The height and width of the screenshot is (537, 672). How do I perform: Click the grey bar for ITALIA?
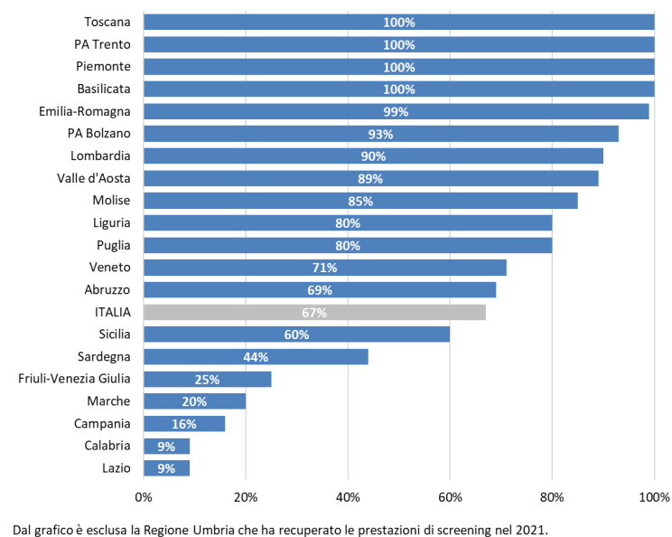pos(314,312)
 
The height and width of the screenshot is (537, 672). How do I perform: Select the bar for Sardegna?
pos(256,357)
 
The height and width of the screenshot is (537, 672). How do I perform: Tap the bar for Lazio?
pos(167,468)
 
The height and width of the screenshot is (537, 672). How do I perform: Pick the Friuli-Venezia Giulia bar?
pos(208,379)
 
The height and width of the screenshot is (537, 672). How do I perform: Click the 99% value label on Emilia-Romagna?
pos(396,112)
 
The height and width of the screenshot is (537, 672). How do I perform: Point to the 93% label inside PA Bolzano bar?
pos(380,134)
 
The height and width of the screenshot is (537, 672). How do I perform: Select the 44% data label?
pos(256,357)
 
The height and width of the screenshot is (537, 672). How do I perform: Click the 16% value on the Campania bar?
pos(184,424)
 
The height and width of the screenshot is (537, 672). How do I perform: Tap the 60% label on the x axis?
pos(450,497)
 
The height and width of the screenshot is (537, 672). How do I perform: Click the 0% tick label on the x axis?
pos(144,497)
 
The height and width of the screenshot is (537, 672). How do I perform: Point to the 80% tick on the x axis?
pos(552,497)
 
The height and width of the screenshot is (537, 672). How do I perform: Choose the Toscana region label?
pos(107,22)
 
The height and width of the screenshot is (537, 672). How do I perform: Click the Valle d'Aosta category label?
pos(93,178)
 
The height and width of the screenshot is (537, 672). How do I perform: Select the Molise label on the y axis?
pos(111,201)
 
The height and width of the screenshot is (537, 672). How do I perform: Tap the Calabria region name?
pos(107,446)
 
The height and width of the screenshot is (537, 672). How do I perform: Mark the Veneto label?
pos(109,268)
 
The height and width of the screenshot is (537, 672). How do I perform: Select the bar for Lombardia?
pos(373,156)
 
